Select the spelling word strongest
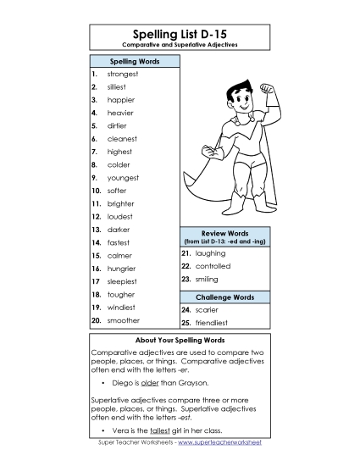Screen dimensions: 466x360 point(124,74)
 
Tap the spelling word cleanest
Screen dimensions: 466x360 point(122,138)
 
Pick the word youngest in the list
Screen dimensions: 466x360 point(124,178)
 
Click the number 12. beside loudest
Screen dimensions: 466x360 point(96,216)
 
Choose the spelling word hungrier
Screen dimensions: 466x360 point(122,269)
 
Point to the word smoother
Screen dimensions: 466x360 point(124,320)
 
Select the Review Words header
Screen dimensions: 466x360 point(224,231)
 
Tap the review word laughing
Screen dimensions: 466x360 point(211,252)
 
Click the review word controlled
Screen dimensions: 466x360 point(213,266)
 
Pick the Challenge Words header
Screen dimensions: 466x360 point(224,297)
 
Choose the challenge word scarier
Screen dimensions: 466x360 point(208,310)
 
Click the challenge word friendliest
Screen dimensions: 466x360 point(213,324)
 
